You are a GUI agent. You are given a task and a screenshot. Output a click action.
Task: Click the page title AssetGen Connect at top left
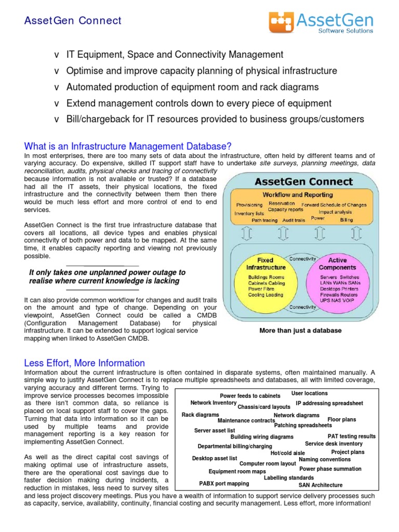pyautogui.click(x=73, y=21)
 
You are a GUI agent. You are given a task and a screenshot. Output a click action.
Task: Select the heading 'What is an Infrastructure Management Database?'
pyautogui.click(x=128, y=146)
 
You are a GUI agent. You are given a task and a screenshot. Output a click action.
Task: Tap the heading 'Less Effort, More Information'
pyautogui.click(x=85, y=363)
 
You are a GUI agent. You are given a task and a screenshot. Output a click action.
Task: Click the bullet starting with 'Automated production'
pyautogui.click(x=192, y=87)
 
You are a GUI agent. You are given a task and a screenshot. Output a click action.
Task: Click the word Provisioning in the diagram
pyautogui.click(x=249, y=205)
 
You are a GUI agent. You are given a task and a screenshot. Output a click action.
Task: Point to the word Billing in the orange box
pyautogui.click(x=346, y=220)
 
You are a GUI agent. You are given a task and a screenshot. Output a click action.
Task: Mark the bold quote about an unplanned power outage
pyautogui.click(x=107, y=276)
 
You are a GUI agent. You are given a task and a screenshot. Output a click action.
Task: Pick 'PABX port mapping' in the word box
pyautogui.click(x=224, y=483)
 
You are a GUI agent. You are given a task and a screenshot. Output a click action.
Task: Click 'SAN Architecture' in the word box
pyautogui.click(x=320, y=485)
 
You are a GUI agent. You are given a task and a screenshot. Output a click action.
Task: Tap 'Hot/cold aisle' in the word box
pyautogui.click(x=287, y=453)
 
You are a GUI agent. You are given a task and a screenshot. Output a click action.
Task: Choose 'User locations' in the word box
pyautogui.click(x=309, y=393)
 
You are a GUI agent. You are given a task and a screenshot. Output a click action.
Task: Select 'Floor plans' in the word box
pyautogui.click(x=341, y=419)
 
